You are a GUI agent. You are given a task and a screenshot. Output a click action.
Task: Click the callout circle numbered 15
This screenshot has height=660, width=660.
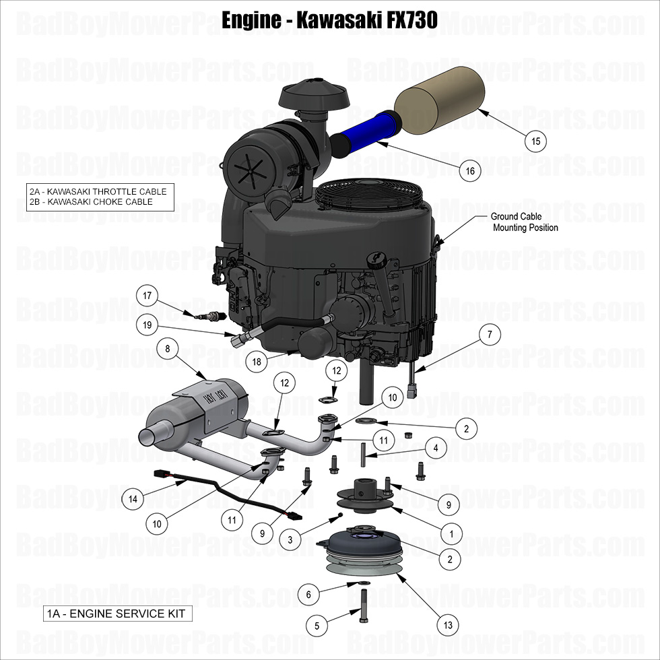[x=535, y=141]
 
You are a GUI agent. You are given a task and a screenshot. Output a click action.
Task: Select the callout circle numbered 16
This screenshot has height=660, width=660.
[x=470, y=171]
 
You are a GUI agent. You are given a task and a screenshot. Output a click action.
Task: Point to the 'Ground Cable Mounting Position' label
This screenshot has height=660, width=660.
[x=525, y=222]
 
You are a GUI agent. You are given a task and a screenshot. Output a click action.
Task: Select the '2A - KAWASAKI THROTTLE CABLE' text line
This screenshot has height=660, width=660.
[x=97, y=191]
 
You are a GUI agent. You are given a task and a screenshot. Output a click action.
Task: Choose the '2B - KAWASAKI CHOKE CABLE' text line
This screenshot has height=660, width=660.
[x=91, y=201]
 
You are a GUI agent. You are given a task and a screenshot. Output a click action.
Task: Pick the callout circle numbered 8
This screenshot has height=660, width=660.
[x=167, y=348]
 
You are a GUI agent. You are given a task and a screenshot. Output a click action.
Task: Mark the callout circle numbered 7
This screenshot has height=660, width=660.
[x=490, y=334]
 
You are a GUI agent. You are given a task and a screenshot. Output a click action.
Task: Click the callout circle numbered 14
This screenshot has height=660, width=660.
[x=133, y=499]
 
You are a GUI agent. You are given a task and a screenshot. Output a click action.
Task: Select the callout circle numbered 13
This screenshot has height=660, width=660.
[x=448, y=625]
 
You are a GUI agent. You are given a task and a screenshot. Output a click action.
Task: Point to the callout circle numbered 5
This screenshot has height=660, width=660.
[x=317, y=626]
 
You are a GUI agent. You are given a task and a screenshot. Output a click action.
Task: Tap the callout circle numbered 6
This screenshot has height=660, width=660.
[x=308, y=594]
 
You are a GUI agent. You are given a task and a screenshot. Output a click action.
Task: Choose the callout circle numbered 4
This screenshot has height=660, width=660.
[x=436, y=447]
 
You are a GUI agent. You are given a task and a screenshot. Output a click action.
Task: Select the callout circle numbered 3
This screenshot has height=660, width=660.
[x=290, y=539]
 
